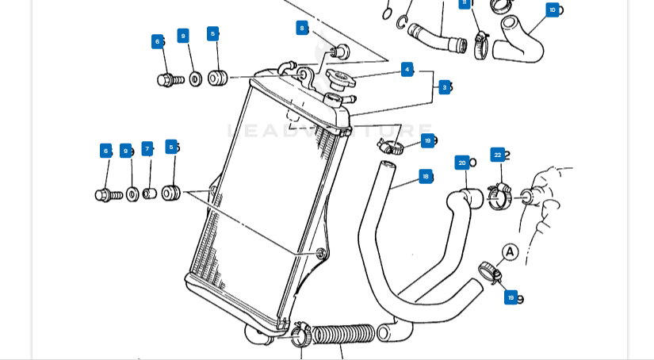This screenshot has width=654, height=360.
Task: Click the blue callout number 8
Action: point(301,28)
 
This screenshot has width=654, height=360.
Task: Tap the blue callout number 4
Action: point(407,69)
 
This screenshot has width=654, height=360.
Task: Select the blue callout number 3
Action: point(445,87)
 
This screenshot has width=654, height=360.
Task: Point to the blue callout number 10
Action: point(553,10)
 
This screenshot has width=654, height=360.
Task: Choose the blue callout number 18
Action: point(426,176)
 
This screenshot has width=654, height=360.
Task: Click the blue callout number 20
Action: point(462,163)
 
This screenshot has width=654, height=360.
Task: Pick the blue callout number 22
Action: point(497,155)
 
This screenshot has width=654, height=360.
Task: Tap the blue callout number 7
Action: point(147,149)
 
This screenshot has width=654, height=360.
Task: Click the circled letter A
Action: point(510,252)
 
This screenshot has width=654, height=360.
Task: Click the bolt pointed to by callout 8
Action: point(339,52)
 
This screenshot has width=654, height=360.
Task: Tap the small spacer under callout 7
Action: point(149,193)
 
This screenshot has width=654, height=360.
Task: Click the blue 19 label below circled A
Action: point(511,297)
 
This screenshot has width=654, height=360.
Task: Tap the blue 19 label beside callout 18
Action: point(427,140)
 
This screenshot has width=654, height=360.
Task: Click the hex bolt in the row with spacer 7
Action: point(108,194)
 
